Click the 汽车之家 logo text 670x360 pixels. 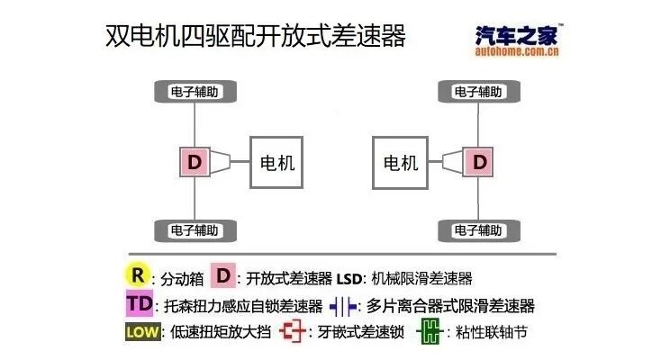[518, 34]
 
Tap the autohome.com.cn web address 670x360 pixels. [518, 52]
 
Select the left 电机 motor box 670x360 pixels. [277, 163]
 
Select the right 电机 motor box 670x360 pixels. [401, 163]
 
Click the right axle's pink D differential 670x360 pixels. [479, 163]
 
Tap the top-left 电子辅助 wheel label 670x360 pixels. [194, 92]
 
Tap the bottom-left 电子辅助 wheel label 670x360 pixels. [194, 230]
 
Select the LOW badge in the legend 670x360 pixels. [143, 332]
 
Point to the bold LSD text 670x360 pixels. [350, 278]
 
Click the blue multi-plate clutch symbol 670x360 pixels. [343, 305]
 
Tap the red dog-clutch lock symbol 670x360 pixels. [293, 332]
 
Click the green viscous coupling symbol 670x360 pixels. [428, 332]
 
